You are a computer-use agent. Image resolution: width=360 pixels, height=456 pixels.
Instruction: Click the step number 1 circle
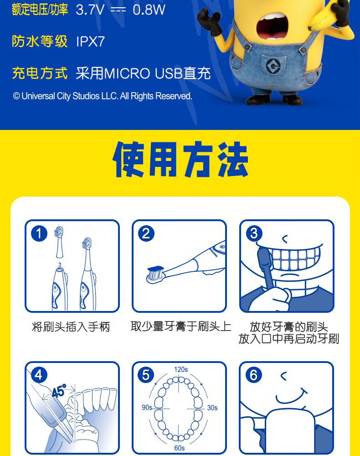(39, 234)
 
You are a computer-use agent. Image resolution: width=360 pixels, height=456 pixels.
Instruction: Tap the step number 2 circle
(146, 234)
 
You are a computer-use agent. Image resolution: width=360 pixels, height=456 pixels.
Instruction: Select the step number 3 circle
(254, 234)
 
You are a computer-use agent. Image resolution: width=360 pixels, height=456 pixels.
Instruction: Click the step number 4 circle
(39, 375)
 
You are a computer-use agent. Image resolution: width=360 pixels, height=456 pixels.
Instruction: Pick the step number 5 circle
(146, 375)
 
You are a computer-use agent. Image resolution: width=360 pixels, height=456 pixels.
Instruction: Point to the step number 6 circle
(254, 375)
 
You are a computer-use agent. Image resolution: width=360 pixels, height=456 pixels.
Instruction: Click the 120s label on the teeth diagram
(181, 369)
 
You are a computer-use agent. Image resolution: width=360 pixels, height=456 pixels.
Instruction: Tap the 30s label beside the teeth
(212, 408)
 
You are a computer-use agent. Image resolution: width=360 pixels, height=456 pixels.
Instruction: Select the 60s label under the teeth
(180, 448)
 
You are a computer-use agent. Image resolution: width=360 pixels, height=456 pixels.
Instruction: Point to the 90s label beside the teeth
(147, 408)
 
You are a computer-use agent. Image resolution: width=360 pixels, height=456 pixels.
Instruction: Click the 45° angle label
(59, 390)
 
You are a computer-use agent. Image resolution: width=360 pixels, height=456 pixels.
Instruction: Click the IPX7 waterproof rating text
(90, 42)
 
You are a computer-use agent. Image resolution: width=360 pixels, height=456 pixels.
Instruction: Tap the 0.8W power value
(149, 10)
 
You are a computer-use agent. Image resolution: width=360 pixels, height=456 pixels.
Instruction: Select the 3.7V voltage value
(90, 10)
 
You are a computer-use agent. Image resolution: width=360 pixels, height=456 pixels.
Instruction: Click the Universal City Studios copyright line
(103, 96)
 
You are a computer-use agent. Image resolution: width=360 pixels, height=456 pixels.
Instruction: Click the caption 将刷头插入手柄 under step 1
(71, 327)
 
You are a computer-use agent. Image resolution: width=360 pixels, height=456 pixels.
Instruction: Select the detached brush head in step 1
(59, 241)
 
